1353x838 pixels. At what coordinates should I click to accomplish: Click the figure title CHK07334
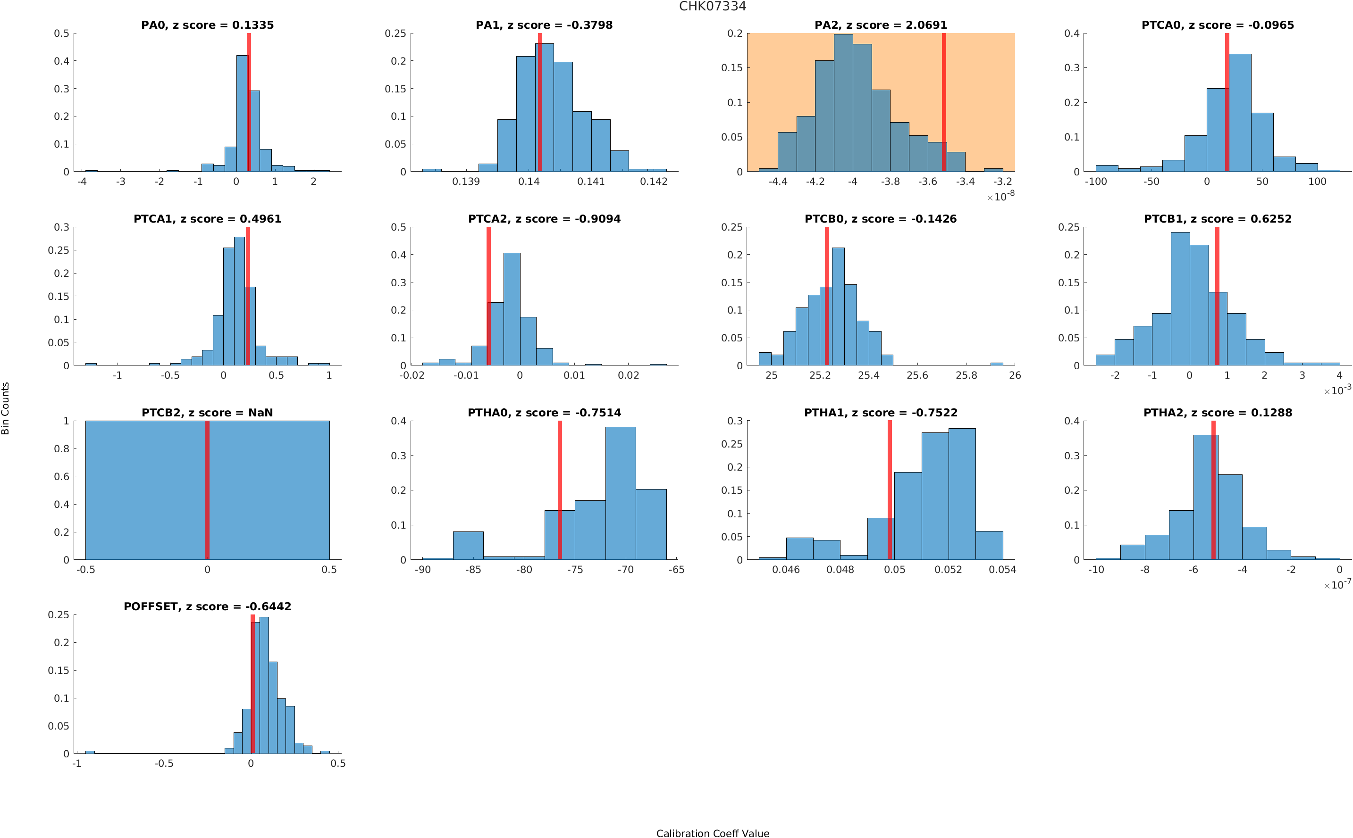pos(712,6)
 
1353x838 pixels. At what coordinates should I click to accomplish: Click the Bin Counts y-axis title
pos(6,408)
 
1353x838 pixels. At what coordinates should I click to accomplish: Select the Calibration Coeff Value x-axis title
pos(712,832)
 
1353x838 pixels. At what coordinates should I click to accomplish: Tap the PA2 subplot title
pos(880,25)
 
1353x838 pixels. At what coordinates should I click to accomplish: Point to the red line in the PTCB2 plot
pos(207,490)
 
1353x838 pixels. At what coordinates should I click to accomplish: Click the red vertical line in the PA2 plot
pos(943,102)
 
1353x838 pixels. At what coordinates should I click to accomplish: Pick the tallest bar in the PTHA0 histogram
pos(620,493)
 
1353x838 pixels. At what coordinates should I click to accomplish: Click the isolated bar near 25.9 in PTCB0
pos(996,364)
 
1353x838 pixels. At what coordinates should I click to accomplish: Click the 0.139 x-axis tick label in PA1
pos(466,182)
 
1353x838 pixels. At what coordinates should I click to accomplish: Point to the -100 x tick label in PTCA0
pos(1095,182)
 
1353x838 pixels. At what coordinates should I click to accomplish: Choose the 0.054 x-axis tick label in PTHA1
pos(1002,570)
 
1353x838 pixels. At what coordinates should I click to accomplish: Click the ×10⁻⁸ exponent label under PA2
pos(1000,196)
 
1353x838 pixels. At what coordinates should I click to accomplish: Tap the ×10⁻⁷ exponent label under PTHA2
pos(1337,584)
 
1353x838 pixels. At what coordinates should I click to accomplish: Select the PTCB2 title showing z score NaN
pos(207,413)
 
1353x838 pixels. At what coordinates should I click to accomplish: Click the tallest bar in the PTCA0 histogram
pos(1239,113)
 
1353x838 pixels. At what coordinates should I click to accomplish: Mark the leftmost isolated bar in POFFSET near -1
pos(90,752)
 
